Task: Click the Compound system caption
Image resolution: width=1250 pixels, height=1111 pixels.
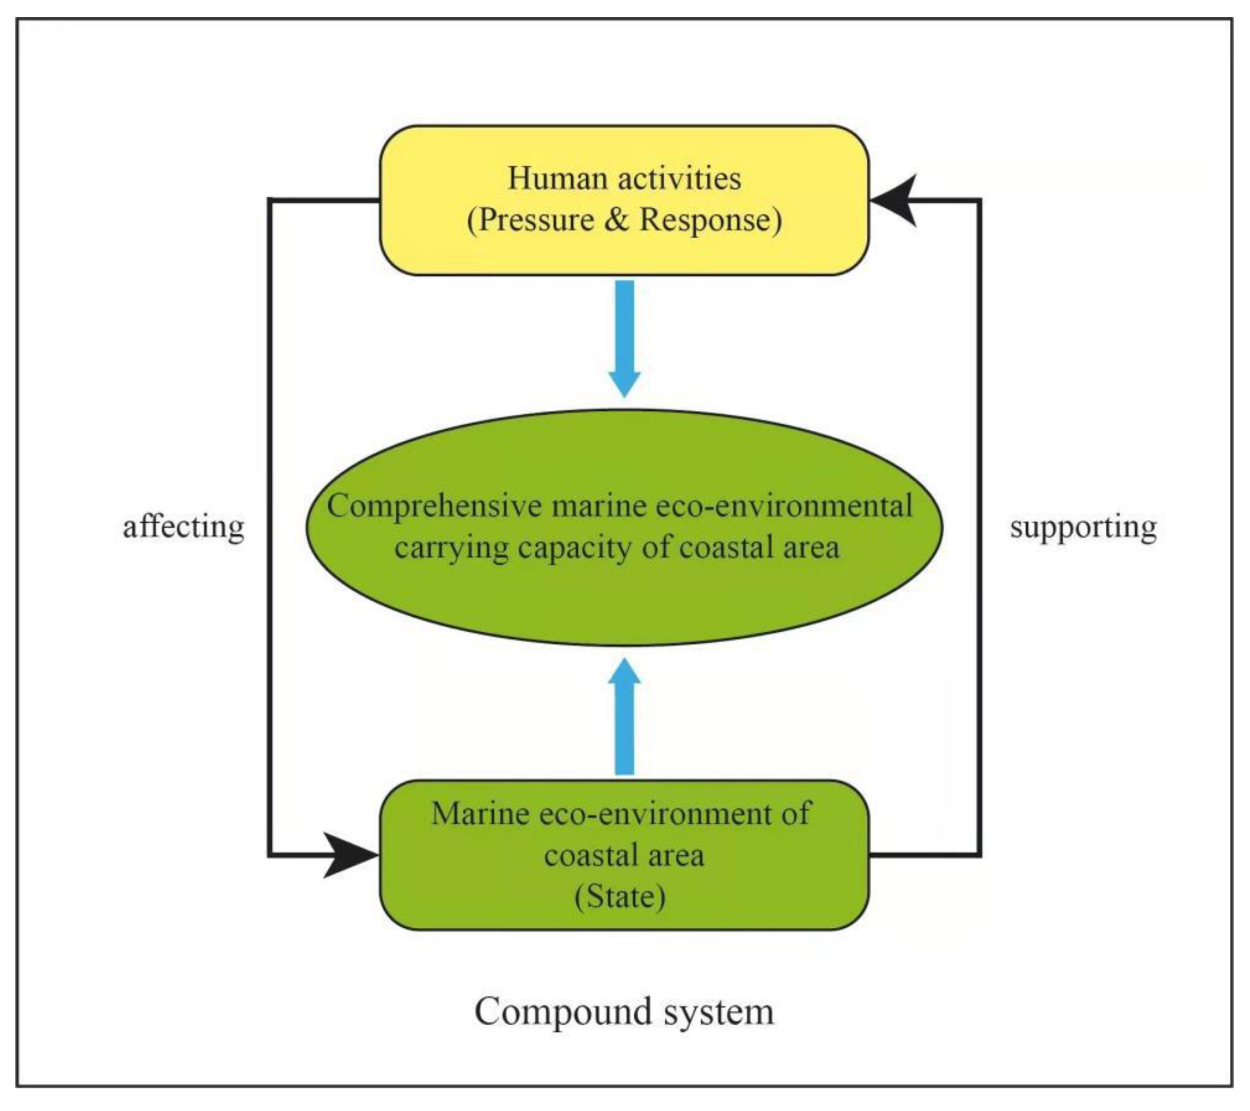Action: (624, 1011)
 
